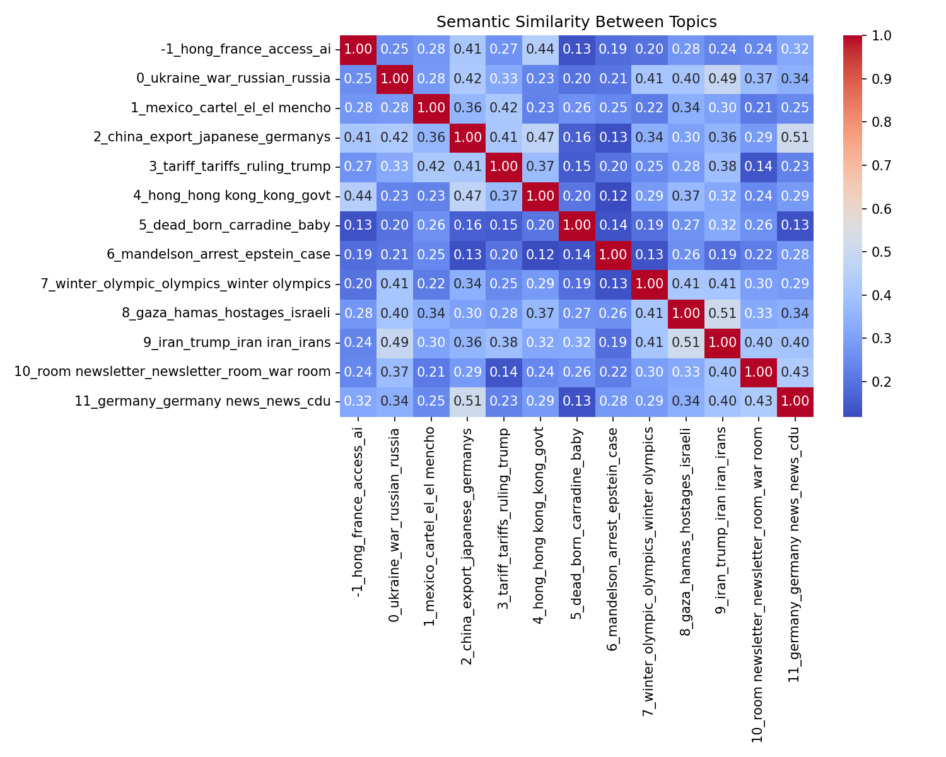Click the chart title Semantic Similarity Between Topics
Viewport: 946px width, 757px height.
[x=576, y=22]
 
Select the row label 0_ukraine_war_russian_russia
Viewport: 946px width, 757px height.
[x=233, y=79]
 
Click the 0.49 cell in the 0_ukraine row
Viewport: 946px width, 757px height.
[x=722, y=79]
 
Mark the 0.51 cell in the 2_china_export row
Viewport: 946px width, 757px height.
[x=795, y=138]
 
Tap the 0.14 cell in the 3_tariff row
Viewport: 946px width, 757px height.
[x=759, y=167]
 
